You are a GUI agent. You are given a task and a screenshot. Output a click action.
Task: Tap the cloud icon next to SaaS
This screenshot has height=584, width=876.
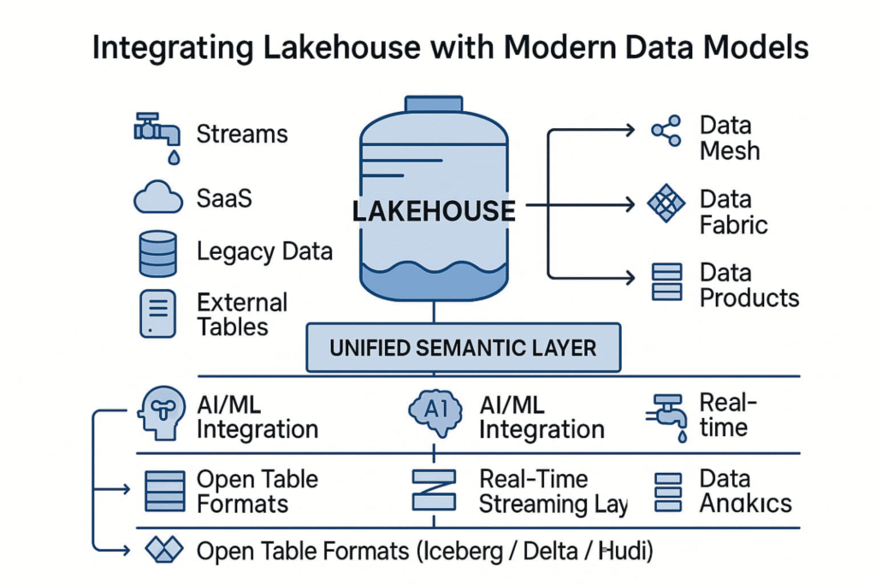click(158, 199)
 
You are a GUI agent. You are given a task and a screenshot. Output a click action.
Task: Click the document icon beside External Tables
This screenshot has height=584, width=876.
click(157, 314)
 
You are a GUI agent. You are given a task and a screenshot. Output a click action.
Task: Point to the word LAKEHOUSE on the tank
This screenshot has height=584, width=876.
click(434, 210)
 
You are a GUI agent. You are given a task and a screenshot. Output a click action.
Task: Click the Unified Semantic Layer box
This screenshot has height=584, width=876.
click(463, 348)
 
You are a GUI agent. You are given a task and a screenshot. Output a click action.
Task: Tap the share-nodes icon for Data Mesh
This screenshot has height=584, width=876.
click(666, 131)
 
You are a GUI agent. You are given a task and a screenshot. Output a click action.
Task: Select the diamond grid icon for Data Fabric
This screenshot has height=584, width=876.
click(666, 204)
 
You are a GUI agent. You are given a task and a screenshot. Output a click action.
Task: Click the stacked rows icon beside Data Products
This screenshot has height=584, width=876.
click(666, 282)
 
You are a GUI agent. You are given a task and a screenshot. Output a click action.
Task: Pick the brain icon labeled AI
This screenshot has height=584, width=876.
click(436, 411)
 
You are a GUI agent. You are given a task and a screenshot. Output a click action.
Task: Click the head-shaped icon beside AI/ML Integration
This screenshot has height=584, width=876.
click(160, 412)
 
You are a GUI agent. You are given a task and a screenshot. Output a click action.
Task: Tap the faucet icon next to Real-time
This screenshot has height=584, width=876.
click(666, 416)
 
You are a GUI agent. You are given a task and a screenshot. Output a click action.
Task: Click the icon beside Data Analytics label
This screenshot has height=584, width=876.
click(667, 492)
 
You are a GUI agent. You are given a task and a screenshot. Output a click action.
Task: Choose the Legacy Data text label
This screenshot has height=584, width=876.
click(264, 252)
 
